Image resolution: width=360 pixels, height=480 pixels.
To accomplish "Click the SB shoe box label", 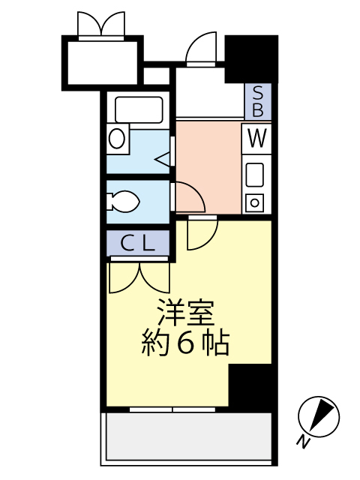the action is click(258, 102).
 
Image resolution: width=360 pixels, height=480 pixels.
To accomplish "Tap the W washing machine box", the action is click(256, 139).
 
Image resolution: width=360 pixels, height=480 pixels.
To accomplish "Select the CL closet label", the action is click(138, 243).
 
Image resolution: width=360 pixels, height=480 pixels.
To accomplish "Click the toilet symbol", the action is click(123, 202).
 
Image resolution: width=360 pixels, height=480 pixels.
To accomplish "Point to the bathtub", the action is click(139, 109).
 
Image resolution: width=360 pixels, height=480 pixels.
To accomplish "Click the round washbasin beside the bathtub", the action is click(117, 138).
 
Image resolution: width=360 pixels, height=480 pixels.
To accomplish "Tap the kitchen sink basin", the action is click(255, 175).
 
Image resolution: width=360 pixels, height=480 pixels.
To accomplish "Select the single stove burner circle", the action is click(255, 202).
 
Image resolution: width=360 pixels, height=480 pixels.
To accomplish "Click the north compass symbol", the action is click(319, 417).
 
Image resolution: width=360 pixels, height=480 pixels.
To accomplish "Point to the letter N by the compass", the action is click(303, 442).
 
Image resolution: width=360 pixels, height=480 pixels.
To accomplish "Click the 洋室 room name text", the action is click(185, 313).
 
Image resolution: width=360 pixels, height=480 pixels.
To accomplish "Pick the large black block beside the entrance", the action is click(251, 58).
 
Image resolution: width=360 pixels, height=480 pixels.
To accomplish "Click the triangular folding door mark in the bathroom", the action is click(163, 160).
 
